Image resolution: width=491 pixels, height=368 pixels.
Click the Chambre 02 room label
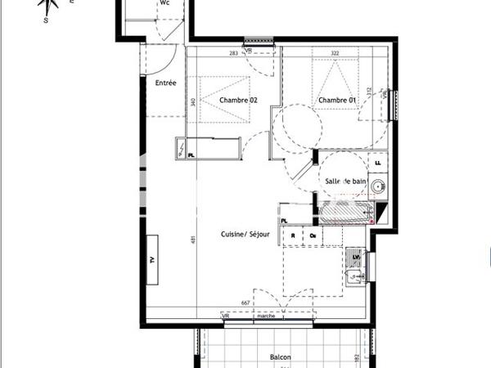click(238, 100)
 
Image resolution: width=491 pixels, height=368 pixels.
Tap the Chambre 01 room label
click(337, 100)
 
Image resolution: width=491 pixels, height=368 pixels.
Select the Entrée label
click(165, 83)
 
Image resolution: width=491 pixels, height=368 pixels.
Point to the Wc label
click(164, 3)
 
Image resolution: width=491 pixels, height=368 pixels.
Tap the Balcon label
click(282, 357)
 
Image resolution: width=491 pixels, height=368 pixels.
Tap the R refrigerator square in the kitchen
click(293, 236)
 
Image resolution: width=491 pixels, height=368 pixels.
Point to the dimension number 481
click(194, 240)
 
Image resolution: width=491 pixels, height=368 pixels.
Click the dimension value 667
click(245, 303)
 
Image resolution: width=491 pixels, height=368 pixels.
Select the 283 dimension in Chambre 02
click(233, 53)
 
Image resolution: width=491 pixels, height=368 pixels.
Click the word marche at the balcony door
click(266, 316)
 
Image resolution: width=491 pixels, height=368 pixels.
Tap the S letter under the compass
click(47, 21)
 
